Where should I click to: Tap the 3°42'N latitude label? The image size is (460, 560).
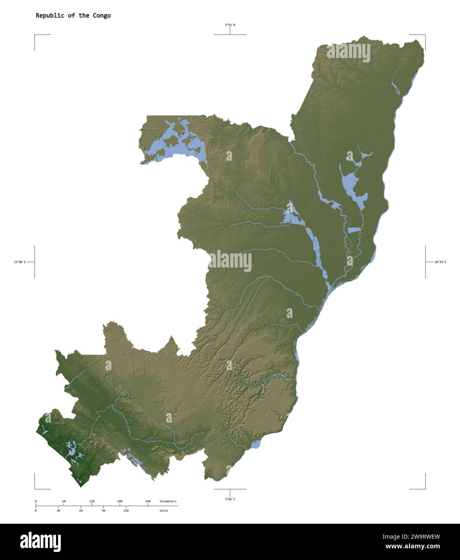(230, 25)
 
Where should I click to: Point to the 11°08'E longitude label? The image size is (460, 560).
(19, 262)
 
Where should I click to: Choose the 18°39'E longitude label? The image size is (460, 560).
(440, 262)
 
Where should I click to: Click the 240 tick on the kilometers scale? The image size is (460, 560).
(148, 502)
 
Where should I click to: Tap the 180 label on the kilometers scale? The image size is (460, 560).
(120, 502)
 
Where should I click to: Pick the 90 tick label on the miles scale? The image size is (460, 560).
(103, 510)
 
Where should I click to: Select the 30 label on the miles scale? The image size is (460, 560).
(58, 510)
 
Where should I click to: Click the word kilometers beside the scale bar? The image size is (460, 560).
(168, 502)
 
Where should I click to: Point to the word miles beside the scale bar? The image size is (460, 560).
(164, 510)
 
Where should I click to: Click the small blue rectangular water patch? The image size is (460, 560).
(355, 230)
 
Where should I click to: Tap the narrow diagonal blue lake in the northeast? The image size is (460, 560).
(395, 88)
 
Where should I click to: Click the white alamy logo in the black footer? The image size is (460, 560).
(40, 541)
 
